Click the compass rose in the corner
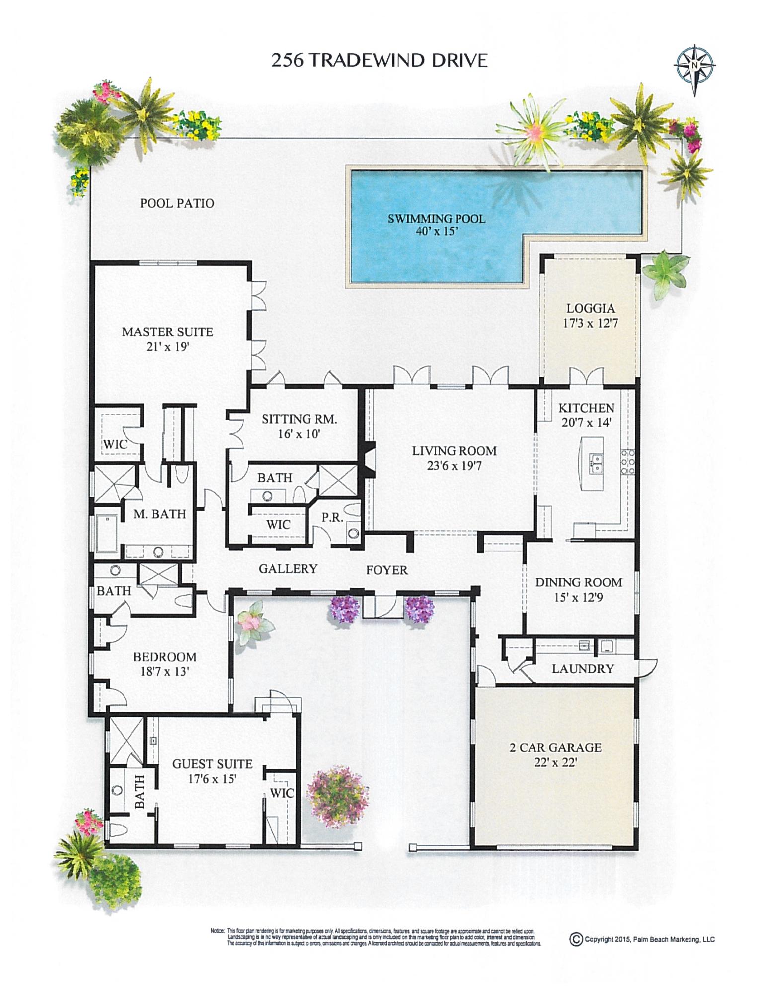point(694,65)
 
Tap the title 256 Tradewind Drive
point(380,60)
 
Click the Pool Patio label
point(177,203)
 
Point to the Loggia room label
point(590,309)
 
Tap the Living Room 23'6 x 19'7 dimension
point(454,466)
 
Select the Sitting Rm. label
point(299,419)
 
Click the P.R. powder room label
point(332,517)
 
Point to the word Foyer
point(386,570)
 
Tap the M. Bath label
point(159,514)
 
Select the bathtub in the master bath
point(107,534)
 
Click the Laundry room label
point(583,669)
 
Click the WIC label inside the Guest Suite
point(282,794)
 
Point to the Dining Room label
point(578,582)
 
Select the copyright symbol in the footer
point(576,940)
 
